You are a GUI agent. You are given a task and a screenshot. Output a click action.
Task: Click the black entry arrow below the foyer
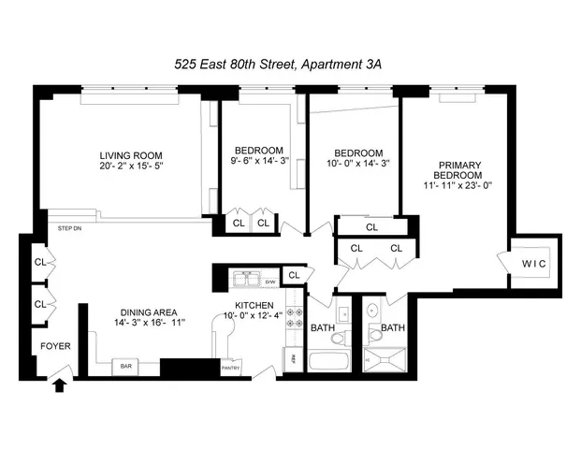pos(61,384)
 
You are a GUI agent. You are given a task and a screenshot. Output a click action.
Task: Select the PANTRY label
pos(230,368)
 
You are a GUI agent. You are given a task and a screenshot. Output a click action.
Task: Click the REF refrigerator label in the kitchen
pos(292,357)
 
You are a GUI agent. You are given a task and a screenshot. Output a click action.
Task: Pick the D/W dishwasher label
pos(270,282)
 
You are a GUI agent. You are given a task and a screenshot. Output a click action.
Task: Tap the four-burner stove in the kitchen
pos(291,317)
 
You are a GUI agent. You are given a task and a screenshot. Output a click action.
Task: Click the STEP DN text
pos(69,227)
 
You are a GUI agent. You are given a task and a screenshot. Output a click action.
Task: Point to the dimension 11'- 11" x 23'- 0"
pos(458,185)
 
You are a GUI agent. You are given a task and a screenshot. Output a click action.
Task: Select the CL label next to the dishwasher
pos(294,275)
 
